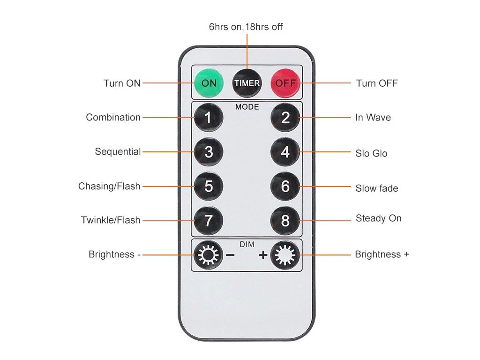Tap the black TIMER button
click(x=247, y=83)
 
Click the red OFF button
click(x=285, y=83)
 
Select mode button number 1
click(x=209, y=118)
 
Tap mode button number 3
click(x=209, y=152)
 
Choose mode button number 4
click(x=285, y=152)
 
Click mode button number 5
click(x=209, y=187)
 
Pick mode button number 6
click(x=285, y=187)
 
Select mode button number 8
click(x=285, y=221)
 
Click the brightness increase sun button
click(x=285, y=255)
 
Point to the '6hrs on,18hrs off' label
click(x=246, y=27)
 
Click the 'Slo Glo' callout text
click(x=371, y=153)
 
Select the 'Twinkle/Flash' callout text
click(x=111, y=220)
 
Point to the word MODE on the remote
click(x=247, y=107)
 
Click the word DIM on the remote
click(x=247, y=244)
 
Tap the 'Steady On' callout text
click(x=378, y=218)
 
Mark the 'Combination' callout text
click(x=113, y=117)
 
